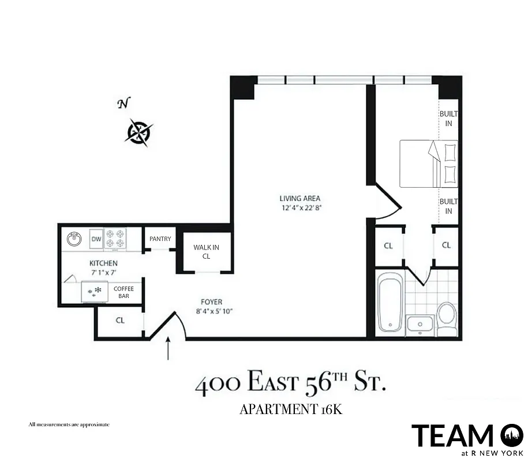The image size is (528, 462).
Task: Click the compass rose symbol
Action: (x=138, y=132)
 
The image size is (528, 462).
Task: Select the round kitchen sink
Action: (x=74, y=239)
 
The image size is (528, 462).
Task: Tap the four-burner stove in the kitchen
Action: (x=115, y=239)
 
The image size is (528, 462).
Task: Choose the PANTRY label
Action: (x=160, y=239)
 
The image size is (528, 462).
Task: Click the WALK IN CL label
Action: (x=206, y=252)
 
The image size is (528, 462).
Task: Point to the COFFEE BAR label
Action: (x=123, y=292)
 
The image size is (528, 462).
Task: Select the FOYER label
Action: (x=212, y=302)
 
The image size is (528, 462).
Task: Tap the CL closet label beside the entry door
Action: (x=120, y=320)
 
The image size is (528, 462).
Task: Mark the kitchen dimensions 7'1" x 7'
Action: (x=103, y=271)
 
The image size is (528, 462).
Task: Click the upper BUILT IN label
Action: (x=448, y=119)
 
